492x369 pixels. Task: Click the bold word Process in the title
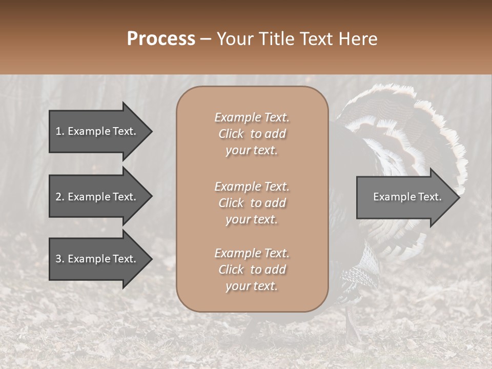tap(161, 39)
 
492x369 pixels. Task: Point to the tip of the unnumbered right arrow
tap(459, 197)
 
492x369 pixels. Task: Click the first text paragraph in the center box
tap(252, 134)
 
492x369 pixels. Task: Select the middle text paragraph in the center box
tap(252, 203)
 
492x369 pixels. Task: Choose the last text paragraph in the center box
tap(252, 270)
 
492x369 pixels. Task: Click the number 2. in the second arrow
tap(60, 197)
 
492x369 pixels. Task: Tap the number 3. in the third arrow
tap(60, 259)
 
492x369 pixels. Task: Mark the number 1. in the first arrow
tap(60, 131)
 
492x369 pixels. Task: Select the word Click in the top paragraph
tap(231, 134)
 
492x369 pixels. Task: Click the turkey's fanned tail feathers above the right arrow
tap(405, 128)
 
